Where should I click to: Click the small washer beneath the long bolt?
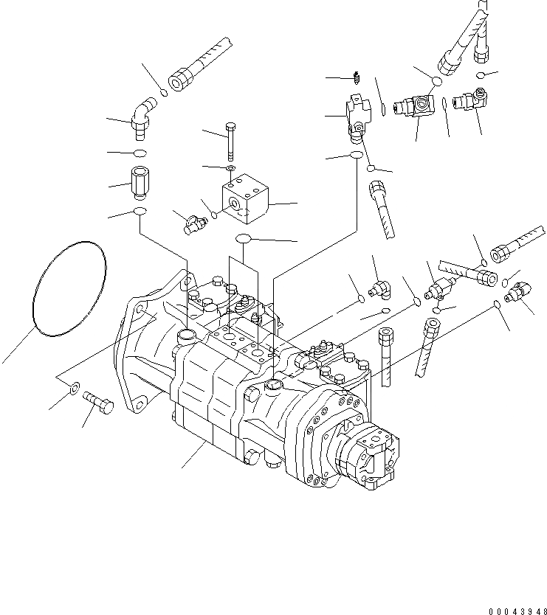pos(231,170)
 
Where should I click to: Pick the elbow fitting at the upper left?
pos(143,117)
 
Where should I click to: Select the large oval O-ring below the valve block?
pos(244,238)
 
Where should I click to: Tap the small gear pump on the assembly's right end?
pos(373,460)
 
